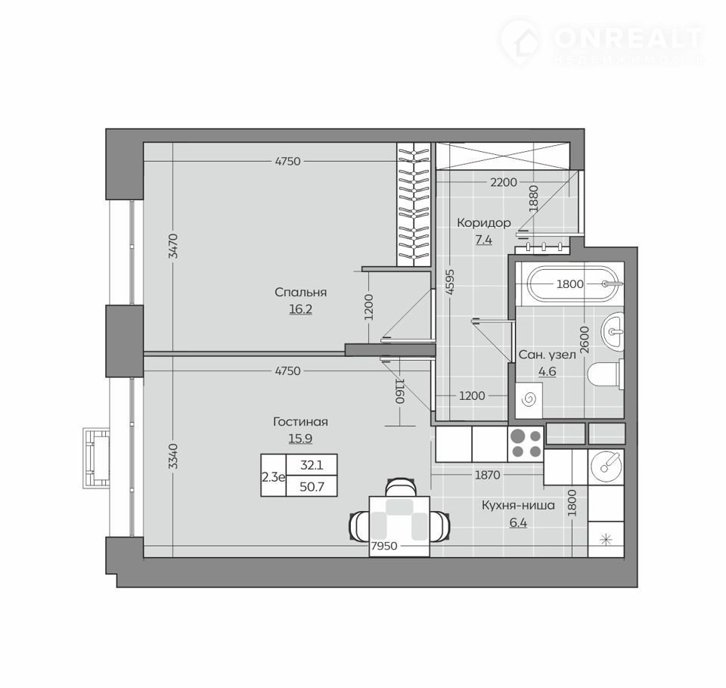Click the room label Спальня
(x=300, y=292)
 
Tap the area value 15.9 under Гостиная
(x=300, y=438)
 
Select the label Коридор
(x=484, y=223)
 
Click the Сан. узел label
(x=547, y=355)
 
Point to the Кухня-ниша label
(x=518, y=504)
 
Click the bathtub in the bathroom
(x=575, y=284)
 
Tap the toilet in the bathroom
(x=606, y=374)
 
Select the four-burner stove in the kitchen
(x=526, y=444)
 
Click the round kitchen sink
(x=606, y=466)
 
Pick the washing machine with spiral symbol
(x=529, y=400)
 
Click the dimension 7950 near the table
(x=384, y=546)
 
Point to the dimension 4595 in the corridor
(x=451, y=283)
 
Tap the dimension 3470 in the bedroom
(x=172, y=246)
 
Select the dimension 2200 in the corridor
(x=504, y=182)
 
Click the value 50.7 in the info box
(x=312, y=487)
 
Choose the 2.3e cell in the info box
(x=273, y=477)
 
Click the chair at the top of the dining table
(x=400, y=488)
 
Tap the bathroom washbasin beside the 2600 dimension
(x=613, y=330)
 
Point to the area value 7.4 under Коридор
(x=484, y=240)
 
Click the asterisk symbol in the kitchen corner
(x=606, y=539)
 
